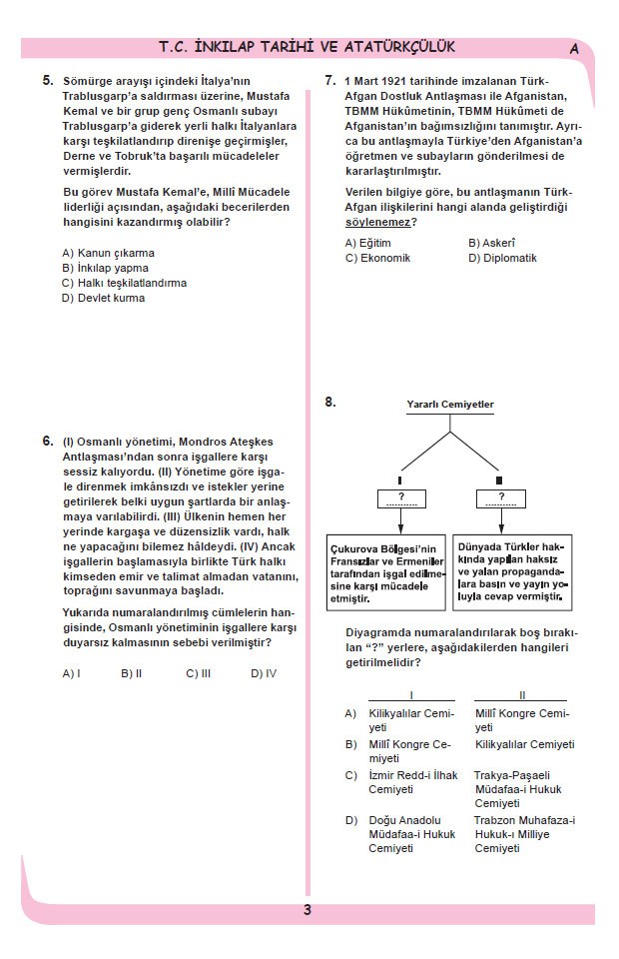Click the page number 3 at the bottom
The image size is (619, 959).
point(308,909)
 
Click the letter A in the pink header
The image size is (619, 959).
point(574,48)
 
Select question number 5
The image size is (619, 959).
point(48,79)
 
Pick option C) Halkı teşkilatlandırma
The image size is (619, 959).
point(124,283)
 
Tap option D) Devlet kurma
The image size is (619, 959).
point(103,298)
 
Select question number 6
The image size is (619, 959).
point(48,441)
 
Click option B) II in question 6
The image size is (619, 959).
point(132,673)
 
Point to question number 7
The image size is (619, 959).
point(330,79)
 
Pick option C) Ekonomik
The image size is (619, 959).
point(377,258)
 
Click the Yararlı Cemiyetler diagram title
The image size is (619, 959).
point(449,405)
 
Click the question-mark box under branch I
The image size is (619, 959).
point(401,498)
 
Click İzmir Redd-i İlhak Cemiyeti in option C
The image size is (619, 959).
point(399,782)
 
